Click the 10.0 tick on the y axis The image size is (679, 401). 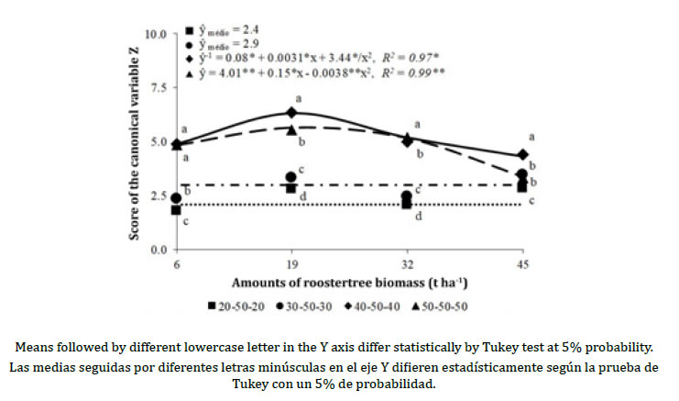coord(158,34)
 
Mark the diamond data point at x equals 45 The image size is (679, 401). coord(522,155)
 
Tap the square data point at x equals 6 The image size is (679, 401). coord(176,210)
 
